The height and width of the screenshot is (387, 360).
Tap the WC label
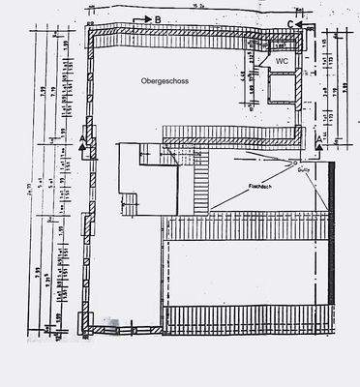click(282, 60)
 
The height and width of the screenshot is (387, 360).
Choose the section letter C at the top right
click(291, 23)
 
